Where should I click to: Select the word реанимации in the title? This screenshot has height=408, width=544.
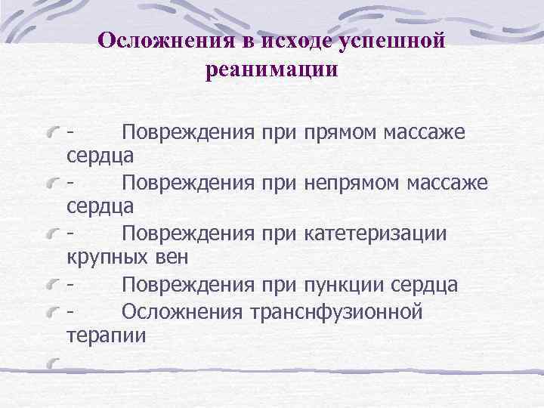271,70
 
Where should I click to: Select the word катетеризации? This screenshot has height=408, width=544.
376,233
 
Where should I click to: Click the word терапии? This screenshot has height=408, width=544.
107,334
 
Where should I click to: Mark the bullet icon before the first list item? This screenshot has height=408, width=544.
52,134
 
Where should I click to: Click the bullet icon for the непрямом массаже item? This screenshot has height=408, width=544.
52,184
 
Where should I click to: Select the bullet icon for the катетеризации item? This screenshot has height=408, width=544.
52,235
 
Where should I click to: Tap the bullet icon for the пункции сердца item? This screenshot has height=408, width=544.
52,286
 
